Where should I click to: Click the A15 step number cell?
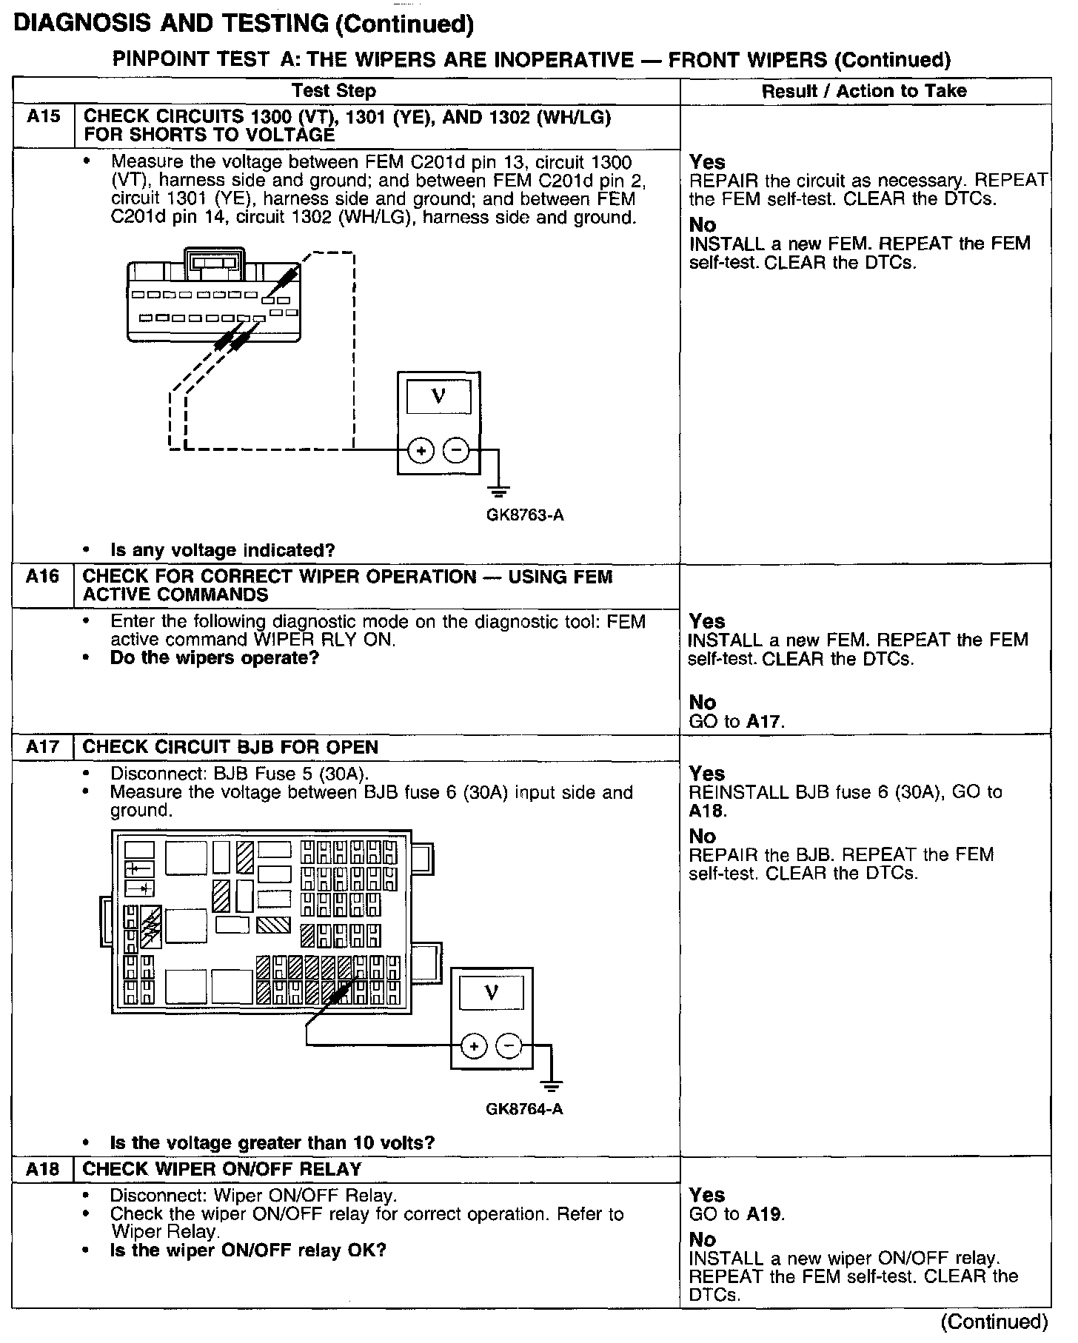(x=43, y=117)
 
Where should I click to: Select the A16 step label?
(x=42, y=576)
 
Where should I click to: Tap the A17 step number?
(x=42, y=746)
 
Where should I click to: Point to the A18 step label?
(x=42, y=1168)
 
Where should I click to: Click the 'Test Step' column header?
(x=334, y=91)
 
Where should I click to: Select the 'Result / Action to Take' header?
(x=864, y=91)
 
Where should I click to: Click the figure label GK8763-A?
(x=525, y=515)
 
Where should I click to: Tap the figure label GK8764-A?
(x=524, y=1109)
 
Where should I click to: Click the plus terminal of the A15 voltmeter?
(x=421, y=449)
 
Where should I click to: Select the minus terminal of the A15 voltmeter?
(x=456, y=449)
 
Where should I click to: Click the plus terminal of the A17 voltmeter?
(x=474, y=1045)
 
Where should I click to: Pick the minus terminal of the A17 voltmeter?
(x=509, y=1045)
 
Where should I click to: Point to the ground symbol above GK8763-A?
(x=499, y=490)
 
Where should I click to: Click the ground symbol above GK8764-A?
(x=551, y=1085)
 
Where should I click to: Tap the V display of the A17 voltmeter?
(x=491, y=993)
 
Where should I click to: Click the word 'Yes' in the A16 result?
(x=707, y=621)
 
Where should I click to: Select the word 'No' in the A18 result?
(x=703, y=1239)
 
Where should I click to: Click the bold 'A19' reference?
(x=764, y=1214)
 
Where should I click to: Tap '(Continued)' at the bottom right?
(x=994, y=1322)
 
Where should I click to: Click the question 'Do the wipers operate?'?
(x=215, y=658)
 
